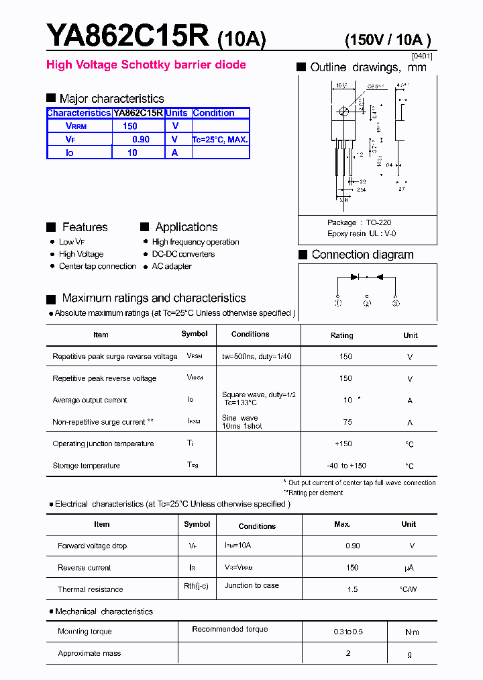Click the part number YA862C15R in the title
[x=127, y=36]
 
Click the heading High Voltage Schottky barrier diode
[x=146, y=65]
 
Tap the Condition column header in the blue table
[x=213, y=113]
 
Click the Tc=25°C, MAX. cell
[x=220, y=140]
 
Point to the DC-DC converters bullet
[x=183, y=254]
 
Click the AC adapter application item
[x=172, y=266]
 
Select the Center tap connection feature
[x=97, y=266]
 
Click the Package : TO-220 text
[x=359, y=222]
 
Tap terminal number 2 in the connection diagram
[x=367, y=303]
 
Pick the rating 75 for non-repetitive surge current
[x=347, y=423]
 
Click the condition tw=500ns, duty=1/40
[x=256, y=356]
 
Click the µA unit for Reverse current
[x=409, y=568]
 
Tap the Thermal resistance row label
[x=91, y=589]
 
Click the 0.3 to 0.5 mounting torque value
[x=347, y=632]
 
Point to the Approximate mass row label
[x=89, y=653]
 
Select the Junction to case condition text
[x=252, y=585]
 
